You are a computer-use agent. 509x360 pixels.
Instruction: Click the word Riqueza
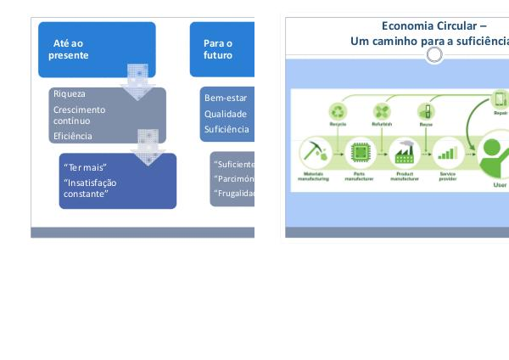[69, 94]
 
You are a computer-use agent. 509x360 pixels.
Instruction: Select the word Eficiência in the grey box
[72, 136]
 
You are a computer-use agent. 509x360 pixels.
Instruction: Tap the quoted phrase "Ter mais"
[86, 167]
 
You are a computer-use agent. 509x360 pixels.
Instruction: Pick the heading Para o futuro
[218, 48]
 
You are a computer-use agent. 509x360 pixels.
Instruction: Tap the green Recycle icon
[338, 112]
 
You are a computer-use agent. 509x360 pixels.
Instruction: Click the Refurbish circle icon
[381, 112]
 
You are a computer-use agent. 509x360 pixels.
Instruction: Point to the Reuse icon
[425, 112]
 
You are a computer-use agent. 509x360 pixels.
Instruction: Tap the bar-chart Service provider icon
[445, 155]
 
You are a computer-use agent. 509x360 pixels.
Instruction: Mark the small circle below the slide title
[434, 55]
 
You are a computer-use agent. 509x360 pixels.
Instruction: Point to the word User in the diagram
[500, 183]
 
